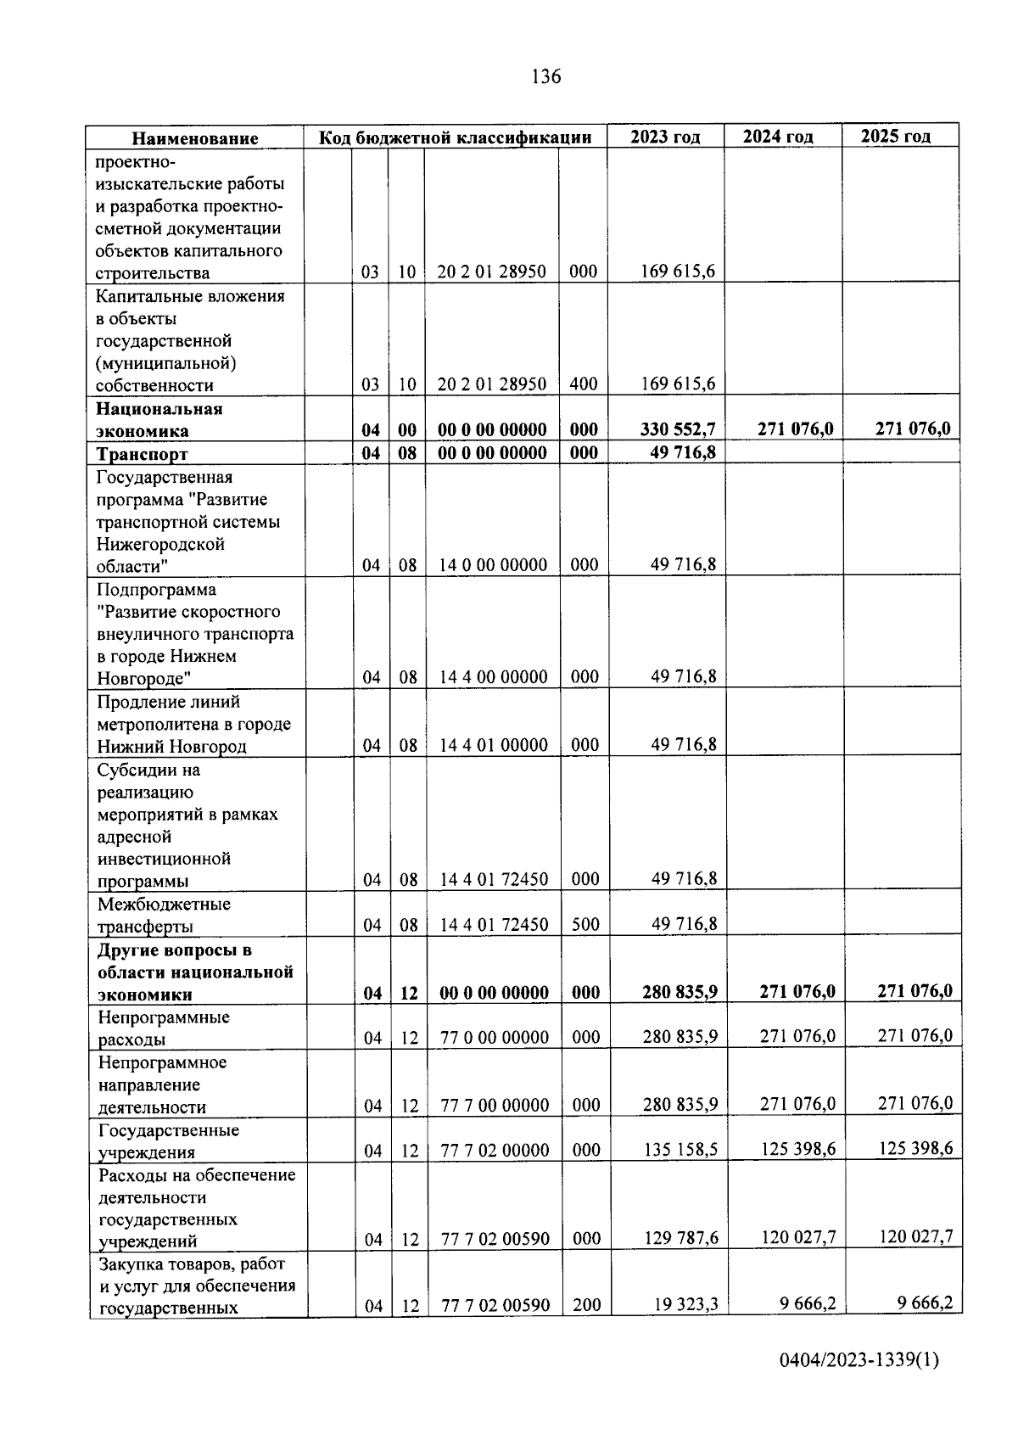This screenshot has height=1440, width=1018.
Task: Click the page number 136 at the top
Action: (545, 77)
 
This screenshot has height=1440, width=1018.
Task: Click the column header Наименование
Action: (194, 138)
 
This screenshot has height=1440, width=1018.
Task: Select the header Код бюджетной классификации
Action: (455, 137)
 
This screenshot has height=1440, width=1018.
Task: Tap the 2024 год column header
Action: (778, 137)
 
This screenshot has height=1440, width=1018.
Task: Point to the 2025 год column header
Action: (896, 137)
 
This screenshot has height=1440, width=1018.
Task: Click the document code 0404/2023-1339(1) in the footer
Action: (859, 1360)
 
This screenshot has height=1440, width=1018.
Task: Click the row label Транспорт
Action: (142, 454)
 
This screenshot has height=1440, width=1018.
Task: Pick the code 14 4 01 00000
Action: (494, 745)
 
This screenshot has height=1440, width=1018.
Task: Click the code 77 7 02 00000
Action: (495, 1150)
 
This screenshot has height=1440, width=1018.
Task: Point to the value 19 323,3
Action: (685, 1304)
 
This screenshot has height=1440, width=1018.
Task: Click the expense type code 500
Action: (585, 924)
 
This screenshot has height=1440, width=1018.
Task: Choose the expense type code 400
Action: (584, 384)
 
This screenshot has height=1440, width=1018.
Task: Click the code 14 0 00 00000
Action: (493, 565)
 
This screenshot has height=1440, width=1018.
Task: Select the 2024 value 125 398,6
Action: (797, 1149)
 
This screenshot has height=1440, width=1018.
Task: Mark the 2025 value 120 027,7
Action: (915, 1237)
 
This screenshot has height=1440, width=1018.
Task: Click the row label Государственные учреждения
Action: (169, 1141)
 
